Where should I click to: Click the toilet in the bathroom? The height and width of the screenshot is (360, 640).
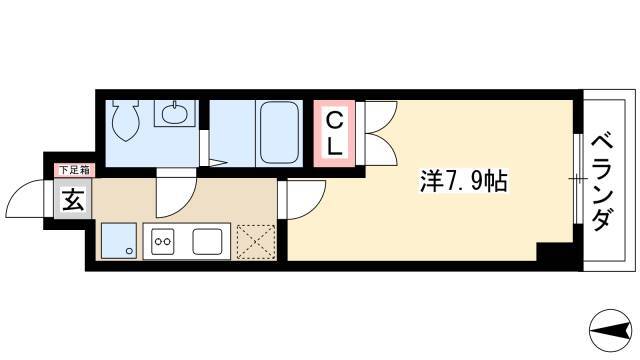[125, 120]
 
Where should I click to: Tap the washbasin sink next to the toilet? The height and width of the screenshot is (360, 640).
[174, 113]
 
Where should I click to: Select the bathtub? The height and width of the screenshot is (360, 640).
[279, 133]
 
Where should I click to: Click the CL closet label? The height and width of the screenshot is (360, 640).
[334, 133]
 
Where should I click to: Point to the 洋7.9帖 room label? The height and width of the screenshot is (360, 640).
[463, 182]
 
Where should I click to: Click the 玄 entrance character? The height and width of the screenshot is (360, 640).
[73, 200]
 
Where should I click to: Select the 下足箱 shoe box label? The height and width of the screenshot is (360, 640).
[74, 170]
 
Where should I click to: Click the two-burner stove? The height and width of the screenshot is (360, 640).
[162, 241]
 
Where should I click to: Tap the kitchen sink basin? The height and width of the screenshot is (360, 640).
[207, 241]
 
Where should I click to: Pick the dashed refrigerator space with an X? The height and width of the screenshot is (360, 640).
[256, 242]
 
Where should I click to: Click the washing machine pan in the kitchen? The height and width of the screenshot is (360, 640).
[119, 241]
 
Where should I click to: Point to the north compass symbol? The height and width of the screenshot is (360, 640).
[611, 330]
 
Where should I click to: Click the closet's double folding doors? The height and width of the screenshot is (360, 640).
[380, 133]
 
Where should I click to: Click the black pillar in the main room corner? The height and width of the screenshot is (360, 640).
[554, 252]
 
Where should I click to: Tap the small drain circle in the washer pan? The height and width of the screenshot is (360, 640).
[130, 251]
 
